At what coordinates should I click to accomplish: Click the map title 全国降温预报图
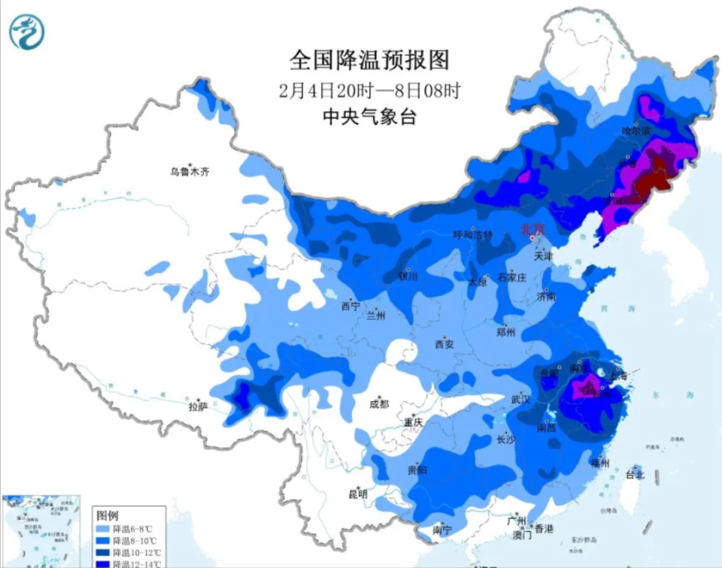tap(369, 59)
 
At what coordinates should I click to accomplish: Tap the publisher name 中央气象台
tap(369, 116)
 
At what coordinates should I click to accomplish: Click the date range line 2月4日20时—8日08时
tap(369, 90)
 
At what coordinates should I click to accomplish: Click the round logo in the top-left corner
tap(27, 32)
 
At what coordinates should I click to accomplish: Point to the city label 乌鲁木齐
tap(190, 172)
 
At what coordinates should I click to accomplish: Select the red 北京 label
tap(532, 228)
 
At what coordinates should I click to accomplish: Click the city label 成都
tap(379, 404)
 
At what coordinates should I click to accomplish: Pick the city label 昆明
tap(357, 494)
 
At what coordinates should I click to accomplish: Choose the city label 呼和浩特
tap(472, 235)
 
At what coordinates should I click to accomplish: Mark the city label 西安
tap(444, 345)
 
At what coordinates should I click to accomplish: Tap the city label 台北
tap(635, 474)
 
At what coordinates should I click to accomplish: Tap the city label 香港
tap(543, 527)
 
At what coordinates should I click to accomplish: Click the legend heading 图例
tap(108, 516)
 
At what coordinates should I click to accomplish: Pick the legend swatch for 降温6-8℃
tap(103, 529)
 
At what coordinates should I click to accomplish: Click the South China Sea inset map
tap(41, 530)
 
